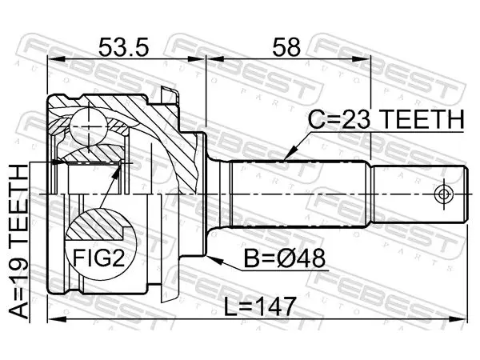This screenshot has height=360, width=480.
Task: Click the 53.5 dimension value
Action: pyautogui.click(x=124, y=47)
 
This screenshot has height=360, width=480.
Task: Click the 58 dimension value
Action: pyautogui.click(x=286, y=47)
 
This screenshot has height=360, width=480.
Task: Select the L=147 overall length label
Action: pyautogui.click(x=260, y=307)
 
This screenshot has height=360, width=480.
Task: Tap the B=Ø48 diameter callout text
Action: pyautogui.click(x=284, y=258)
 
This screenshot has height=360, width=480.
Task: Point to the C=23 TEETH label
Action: pyautogui.click(x=386, y=120)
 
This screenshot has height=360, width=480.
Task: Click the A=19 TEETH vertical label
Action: pyautogui.click(x=18, y=242)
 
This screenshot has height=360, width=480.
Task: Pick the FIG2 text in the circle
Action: pyautogui.click(x=98, y=258)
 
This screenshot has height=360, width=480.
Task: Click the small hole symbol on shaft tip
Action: pyautogui.click(x=443, y=194)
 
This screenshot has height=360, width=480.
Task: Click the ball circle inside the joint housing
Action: pyautogui.click(x=89, y=126)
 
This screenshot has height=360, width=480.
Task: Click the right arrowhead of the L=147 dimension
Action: pyautogui.click(x=458, y=319)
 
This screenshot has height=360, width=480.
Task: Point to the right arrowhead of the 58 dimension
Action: pyautogui.click(x=362, y=59)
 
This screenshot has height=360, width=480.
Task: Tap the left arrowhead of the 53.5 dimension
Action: pyautogui.click(x=56, y=59)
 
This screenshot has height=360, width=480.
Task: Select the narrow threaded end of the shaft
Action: pyautogui.click(x=420, y=194)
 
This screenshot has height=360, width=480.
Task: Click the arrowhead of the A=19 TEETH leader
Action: pyautogui.click(x=58, y=162)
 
